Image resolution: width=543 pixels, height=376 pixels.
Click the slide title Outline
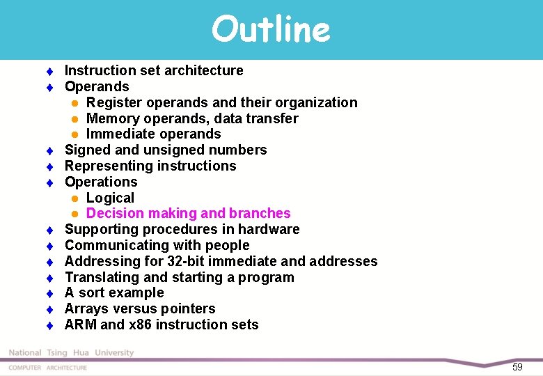pos(271,29)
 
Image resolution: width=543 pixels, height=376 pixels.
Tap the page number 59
pos(517,367)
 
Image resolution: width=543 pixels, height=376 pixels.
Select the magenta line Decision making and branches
pos(188,213)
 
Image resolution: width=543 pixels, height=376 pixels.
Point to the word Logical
pos(110,198)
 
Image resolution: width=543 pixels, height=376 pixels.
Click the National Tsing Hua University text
pos(71,353)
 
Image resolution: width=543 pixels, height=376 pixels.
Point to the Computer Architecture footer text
pos(48,368)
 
